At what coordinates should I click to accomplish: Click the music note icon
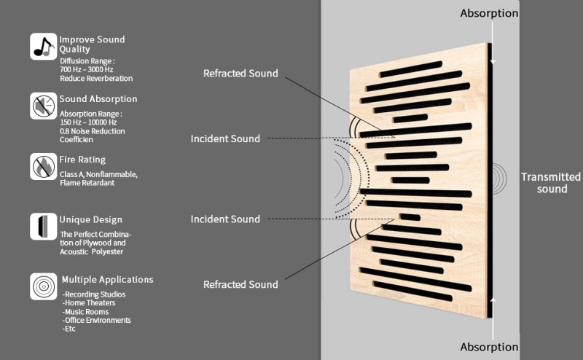(x=43, y=46)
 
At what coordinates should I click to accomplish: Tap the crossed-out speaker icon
(x=43, y=106)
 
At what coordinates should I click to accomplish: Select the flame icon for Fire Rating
(x=43, y=166)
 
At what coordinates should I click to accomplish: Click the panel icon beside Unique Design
(x=43, y=226)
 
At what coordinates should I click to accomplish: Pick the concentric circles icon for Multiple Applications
(x=43, y=286)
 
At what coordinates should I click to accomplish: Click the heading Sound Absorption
(x=98, y=99)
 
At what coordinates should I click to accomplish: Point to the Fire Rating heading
(x=82, y=160)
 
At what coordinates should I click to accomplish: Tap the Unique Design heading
(x=90, y=219)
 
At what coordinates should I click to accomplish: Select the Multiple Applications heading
(x=107, y=279)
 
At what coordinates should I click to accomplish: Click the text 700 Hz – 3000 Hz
(x=88, y=69)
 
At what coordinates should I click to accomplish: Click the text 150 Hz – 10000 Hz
(x=90, y=122)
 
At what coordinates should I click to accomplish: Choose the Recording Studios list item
(x=94, y=294)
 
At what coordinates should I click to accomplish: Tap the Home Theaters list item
(x=90, y=303)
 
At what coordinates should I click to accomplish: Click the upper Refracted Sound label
(x=240, y=74)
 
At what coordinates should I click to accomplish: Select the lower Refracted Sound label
(x=240, y=284)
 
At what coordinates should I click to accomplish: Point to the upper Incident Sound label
(x=225, y=138)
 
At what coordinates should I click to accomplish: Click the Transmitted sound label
(x=551, y=183)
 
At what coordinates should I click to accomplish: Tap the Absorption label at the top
(x=489, y=13)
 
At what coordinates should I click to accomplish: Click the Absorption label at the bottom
(x=489, y=347)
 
